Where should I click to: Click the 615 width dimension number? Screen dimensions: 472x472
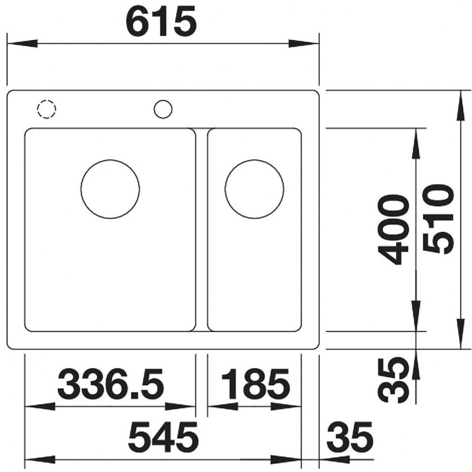pos(161,21)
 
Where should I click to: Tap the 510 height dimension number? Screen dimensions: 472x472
pos(438,219)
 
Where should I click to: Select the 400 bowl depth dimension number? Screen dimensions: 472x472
pos(394,230)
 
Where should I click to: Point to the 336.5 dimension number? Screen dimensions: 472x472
pos(110,384)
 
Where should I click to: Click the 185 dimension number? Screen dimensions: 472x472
pos(255,384)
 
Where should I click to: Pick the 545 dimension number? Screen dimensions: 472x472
pos(163,437)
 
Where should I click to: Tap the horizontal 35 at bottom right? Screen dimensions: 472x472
pos(350,437)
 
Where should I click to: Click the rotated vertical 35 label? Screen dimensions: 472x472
pos(394,380)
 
